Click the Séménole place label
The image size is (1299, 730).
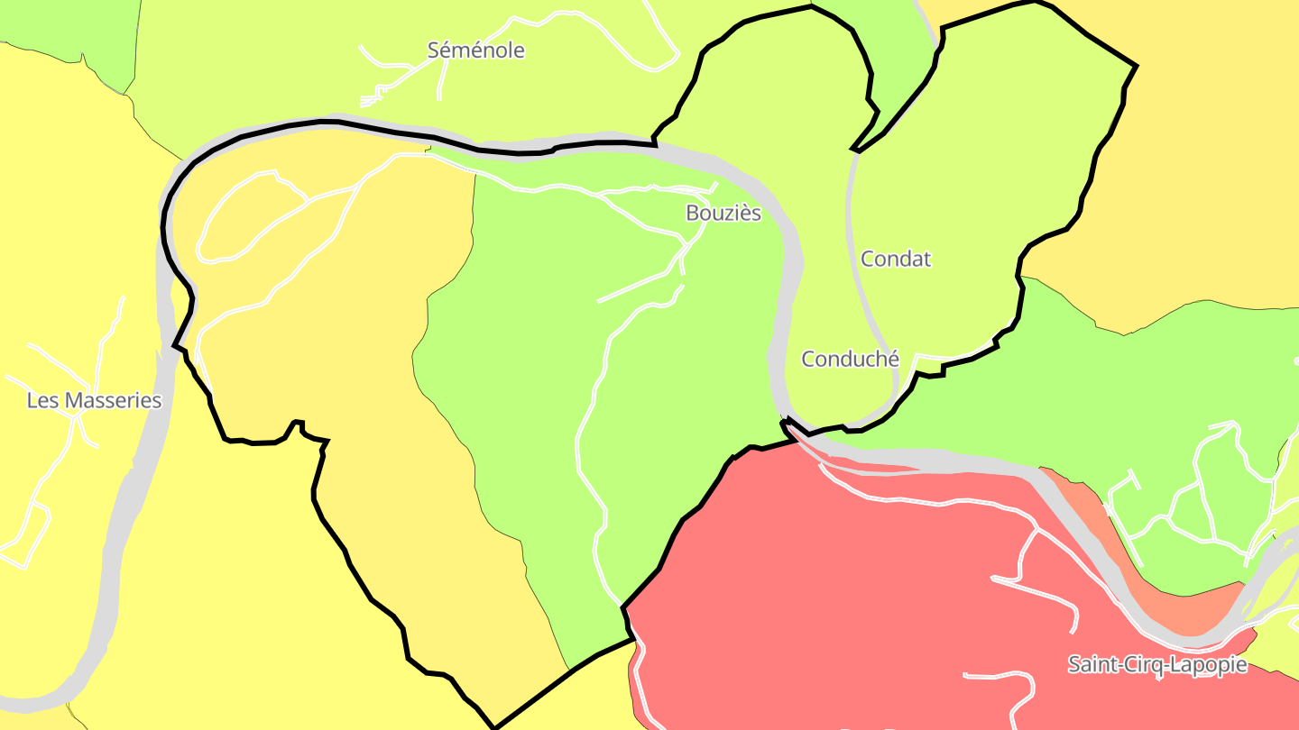click(475, 50)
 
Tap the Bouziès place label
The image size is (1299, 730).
click(723, 214)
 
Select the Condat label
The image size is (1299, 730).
click(895, 259)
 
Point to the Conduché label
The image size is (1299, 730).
click(850, 359)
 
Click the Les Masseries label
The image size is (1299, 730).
click(94, 400)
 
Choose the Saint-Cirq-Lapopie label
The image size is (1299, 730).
click(1156, 665)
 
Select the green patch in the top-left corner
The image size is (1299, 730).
click(54, 23)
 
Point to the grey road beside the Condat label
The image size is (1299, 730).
click(850, 225)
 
